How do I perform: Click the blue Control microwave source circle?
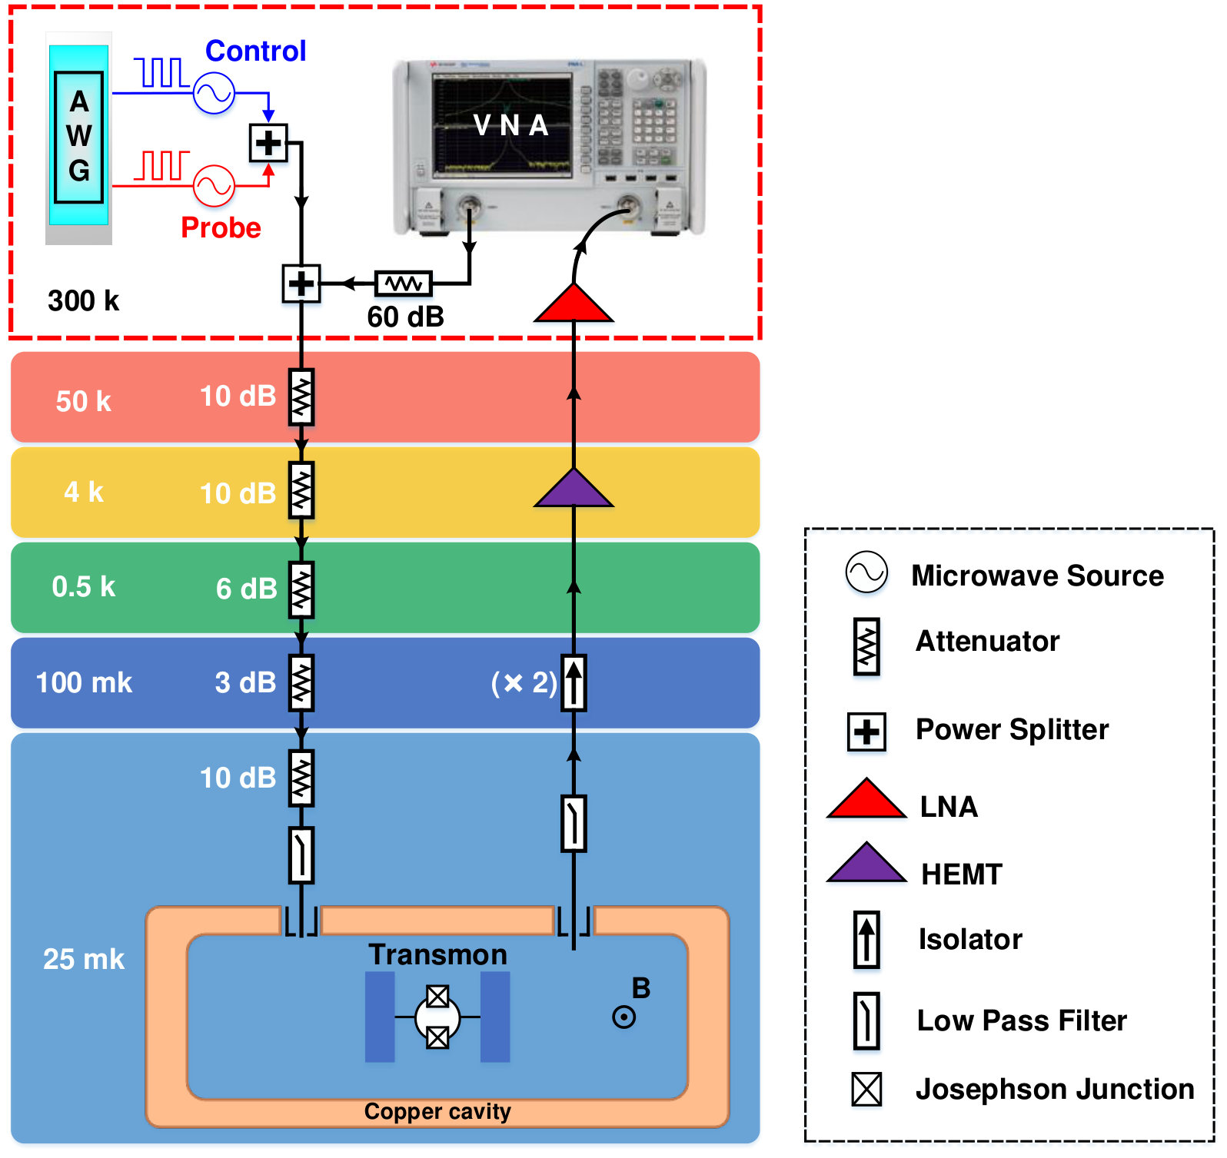tap(214, 93)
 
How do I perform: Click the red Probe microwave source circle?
tap(214, 186)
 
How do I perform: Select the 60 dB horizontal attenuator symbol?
tap(404, 284)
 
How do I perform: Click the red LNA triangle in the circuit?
tap(574, 303)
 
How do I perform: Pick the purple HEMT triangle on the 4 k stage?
tap(574, 488)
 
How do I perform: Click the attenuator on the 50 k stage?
tap(301, 397)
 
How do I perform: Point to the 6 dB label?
tap(246, 589)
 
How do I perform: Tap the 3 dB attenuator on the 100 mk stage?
tap(301, 682)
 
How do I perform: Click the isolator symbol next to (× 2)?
tap(574, 682)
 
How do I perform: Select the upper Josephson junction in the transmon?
tap(437, 997)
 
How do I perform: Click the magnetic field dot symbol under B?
tap(623, 1018)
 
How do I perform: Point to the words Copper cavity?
tap(437, 1111)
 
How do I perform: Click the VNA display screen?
tap(501, 125)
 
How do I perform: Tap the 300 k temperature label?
tap(83, 300)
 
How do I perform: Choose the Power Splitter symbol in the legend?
tap(866, 732)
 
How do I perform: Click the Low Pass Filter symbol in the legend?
tap(866, 1021)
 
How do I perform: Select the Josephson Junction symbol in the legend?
tap(866, 1090)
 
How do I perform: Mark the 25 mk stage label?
tap(83, 959)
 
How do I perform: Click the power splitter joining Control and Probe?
tap(268, 143)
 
